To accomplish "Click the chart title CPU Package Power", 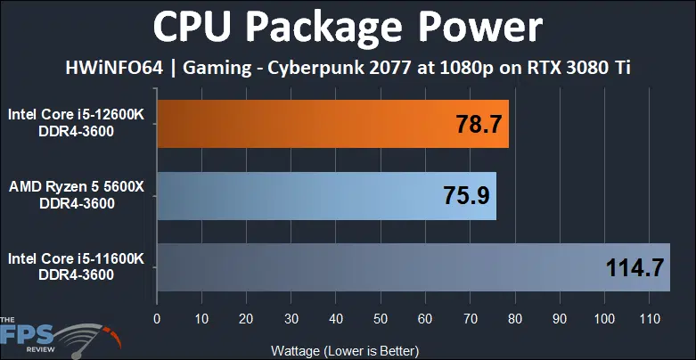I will [348, 27].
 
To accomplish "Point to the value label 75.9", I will [464, 194].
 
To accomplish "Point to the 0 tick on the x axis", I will [158, 318].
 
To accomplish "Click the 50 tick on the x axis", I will [381, 318].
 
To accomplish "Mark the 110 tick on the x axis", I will [650, 318].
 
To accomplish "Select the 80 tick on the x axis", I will [515, 318].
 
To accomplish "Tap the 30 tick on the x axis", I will [291, 318].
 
